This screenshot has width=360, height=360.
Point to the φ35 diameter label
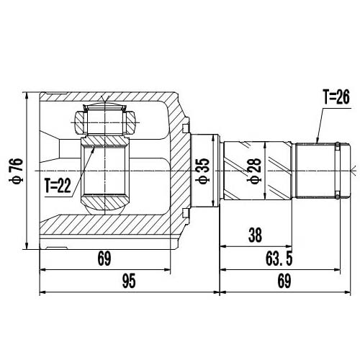pyautogui.click(x=204, y=171)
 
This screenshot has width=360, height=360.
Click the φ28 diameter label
pyautogui.click(x=253, y=171)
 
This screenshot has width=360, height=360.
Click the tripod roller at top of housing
pyautogui.click(x=107, y=121)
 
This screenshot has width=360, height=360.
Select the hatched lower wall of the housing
pyautogui.click(x=108, y=233)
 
